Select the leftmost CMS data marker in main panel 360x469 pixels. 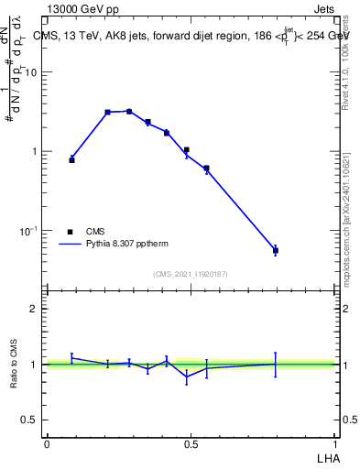[x=72, y=159]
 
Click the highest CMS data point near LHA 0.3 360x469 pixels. [x=129, y=111]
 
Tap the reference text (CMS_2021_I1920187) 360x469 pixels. [x=191, y=274]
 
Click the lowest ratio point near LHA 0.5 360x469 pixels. [x=187, y=376]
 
